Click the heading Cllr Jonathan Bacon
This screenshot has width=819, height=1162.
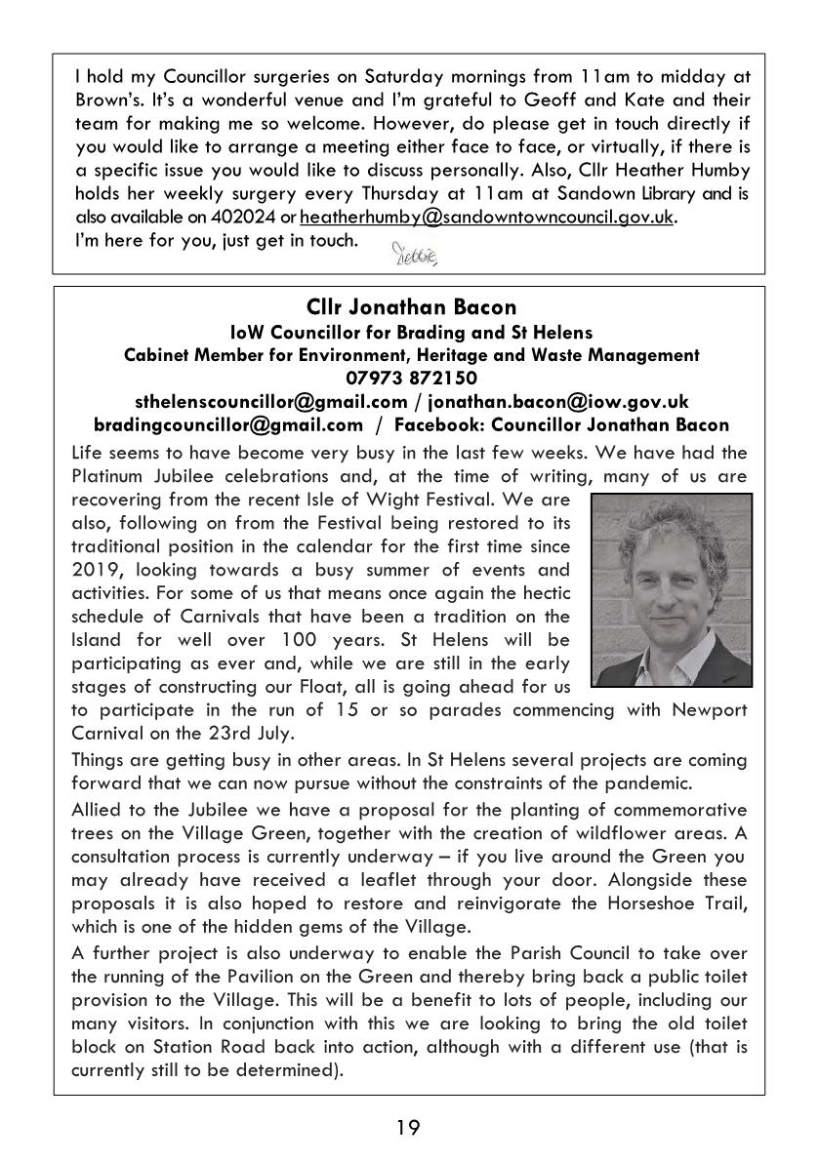410,309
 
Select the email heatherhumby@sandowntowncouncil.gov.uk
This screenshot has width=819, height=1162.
488,217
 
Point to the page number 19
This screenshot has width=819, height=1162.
409,1128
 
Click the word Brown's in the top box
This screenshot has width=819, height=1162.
105,100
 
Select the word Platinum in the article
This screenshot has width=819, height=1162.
110,476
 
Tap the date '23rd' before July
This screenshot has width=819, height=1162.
225,734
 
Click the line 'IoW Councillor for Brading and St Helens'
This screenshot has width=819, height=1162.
410,333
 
